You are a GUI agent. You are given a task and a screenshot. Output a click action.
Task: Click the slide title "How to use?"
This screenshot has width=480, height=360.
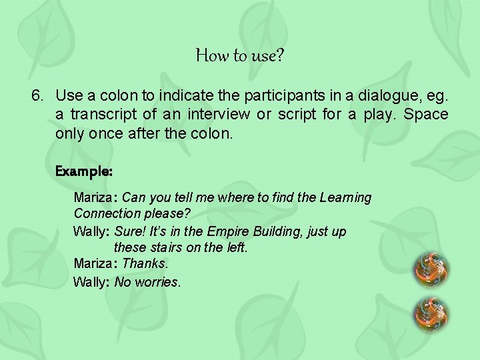pos(240,55)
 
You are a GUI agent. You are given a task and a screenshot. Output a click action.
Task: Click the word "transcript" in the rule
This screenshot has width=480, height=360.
pos(102,115)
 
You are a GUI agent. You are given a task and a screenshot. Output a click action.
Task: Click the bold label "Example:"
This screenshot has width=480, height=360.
pos(83,171)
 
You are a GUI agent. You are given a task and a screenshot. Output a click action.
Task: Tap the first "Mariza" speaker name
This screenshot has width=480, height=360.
pos(94,197)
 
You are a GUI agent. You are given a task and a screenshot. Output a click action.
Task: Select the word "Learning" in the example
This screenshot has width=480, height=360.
pos(345,197)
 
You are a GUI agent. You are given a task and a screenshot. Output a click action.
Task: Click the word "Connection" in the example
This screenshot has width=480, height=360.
pos(107,214)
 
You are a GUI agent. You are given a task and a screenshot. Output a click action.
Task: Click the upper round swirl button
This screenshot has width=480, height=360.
pos(431,269)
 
